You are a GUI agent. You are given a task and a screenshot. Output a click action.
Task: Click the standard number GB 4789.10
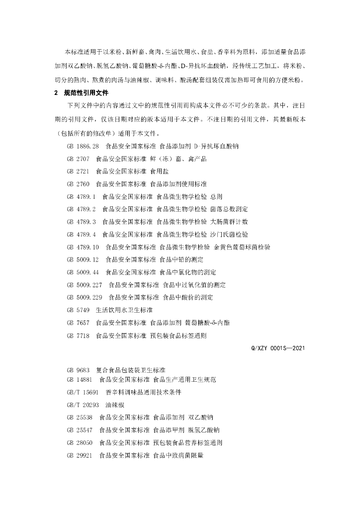coord(83,247)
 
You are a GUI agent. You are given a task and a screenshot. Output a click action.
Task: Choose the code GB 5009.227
coord(85,285)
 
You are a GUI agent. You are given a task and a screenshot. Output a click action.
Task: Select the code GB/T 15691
coord(81,392)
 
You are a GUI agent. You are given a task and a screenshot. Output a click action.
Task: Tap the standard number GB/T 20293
coord(81,405)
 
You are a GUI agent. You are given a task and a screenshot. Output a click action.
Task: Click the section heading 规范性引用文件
coord(87,93)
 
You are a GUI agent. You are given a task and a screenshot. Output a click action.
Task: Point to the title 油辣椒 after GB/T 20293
coord(114,405)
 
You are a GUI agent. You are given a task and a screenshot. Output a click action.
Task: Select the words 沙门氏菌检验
coord(229,234)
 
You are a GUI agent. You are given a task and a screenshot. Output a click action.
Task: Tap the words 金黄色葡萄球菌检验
coord(242,247)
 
